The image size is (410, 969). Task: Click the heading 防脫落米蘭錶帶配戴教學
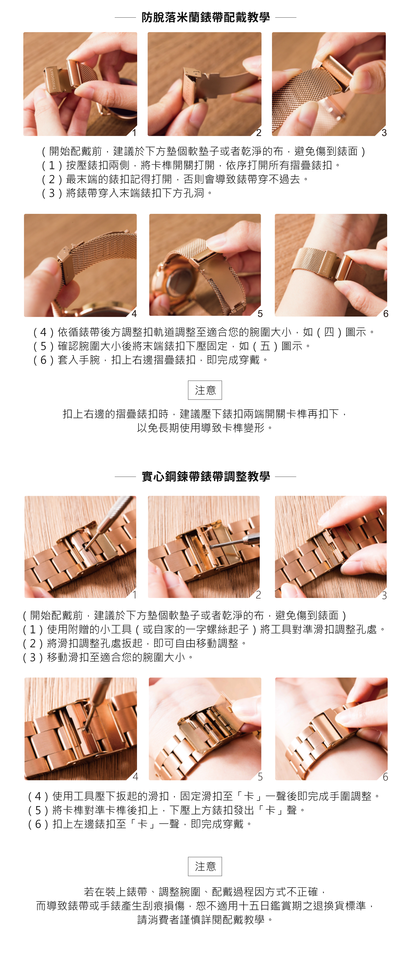click(205, 17)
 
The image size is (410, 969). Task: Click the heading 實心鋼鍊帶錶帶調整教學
click(205, 477)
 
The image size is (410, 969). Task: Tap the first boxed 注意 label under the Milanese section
click(205, 390)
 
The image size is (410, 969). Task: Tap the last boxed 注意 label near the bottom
click(205, 866)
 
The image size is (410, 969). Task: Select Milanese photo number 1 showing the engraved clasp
click(80, 84)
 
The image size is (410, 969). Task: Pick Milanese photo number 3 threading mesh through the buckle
click(329, 84)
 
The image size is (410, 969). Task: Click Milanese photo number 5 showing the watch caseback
click(205, 265)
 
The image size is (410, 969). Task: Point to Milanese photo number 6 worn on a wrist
click(331, 265)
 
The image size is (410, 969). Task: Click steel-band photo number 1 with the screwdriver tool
click(80, 547)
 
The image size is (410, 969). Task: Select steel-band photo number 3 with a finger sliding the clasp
click(331, 547)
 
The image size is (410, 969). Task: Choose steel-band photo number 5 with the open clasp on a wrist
click(205, 729)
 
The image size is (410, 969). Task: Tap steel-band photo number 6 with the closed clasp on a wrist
click(331, 729)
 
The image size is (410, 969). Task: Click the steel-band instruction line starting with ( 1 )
click(204, 629)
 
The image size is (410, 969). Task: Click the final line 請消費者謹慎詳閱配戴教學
click(205, 920)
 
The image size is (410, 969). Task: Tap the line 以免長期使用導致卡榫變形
click(205, 428)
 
